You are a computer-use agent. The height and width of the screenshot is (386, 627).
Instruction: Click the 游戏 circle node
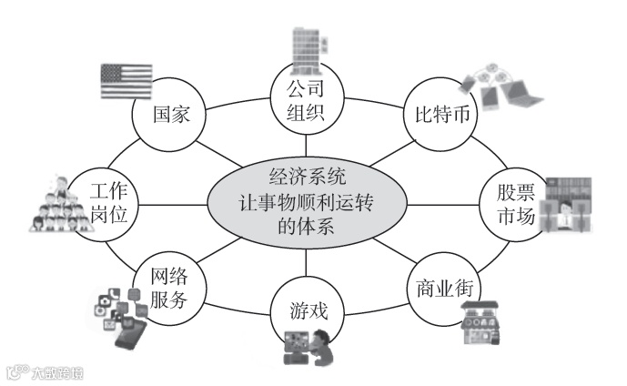click(x=306, y=315)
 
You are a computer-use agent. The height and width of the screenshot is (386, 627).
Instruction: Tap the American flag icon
click(x=126, y=80)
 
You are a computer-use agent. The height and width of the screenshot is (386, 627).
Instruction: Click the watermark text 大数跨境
click(x=54, y=371)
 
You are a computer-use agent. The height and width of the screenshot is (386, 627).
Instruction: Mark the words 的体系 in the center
click(x=305, y=227)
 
